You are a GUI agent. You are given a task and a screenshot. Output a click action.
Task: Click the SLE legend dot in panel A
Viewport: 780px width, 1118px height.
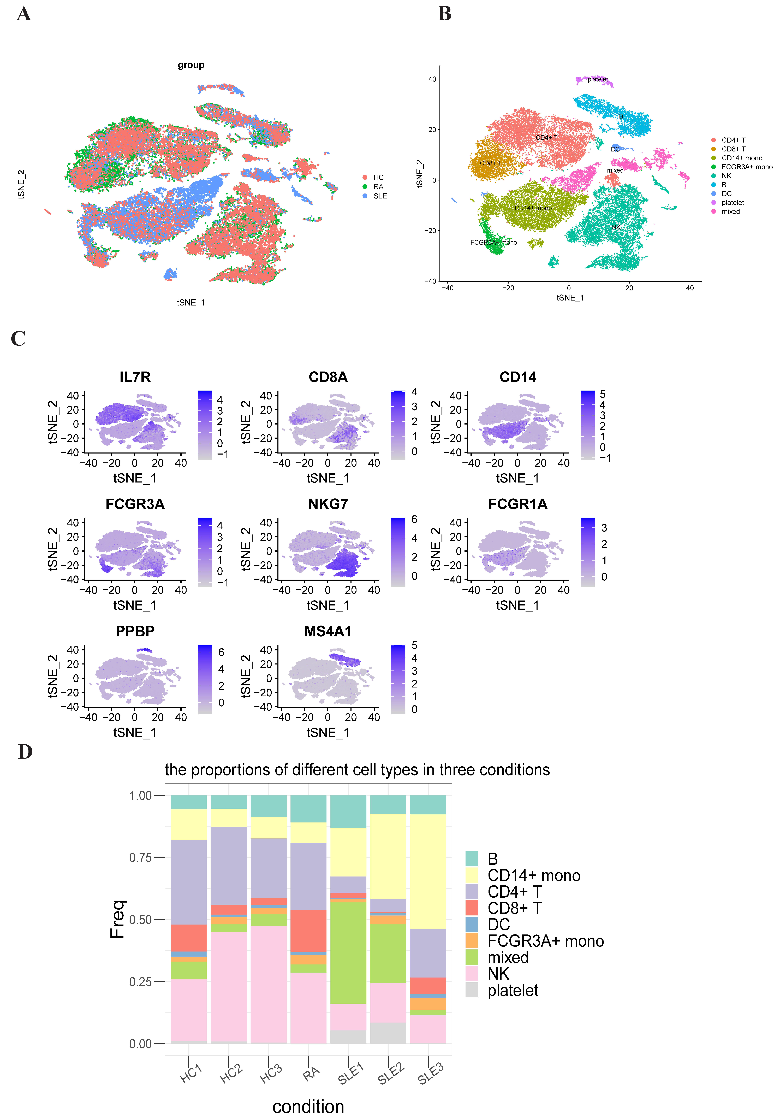pyautogui.click(x=365, y=196)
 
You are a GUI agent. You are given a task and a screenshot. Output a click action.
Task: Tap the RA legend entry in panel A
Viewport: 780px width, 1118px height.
pyautogui.click(x=378, y=186)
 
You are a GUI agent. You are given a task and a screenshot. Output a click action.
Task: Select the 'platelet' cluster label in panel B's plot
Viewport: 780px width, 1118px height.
pyautogui.click(x=597, y=79)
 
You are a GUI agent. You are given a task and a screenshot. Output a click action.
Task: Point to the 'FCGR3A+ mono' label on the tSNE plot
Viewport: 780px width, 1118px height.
pyautogui.click(x=493, y=243)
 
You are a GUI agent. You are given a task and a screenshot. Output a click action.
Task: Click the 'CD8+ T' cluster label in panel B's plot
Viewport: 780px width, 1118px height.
pyautogui.click(x=490, y=163)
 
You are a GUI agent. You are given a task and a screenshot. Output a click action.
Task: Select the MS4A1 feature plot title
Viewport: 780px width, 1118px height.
pyautogui.click(x=328, y=632)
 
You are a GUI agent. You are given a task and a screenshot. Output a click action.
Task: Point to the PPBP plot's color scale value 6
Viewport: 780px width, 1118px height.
pyautogui.click(x=221, y=652)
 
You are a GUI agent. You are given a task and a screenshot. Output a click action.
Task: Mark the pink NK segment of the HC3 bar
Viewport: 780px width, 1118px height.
pyautogui.click(x=268, y=984)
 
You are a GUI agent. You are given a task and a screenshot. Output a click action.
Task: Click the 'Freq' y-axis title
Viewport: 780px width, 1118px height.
pyautogui.click(x=117, y=919)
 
